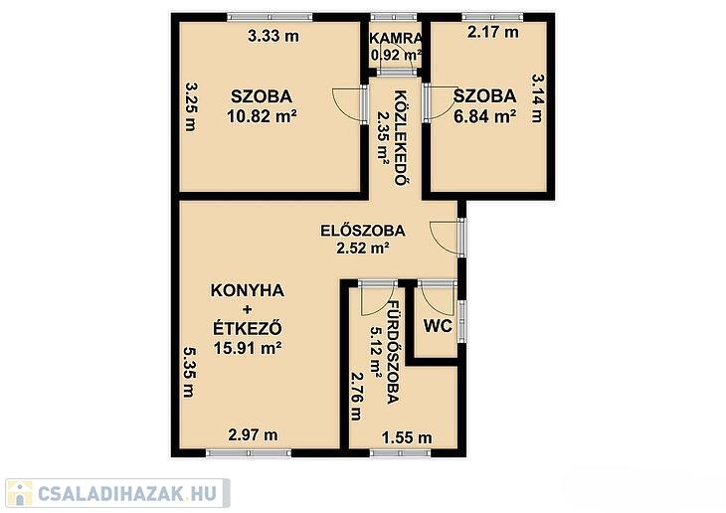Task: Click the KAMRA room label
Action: click(396, 39)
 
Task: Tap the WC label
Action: click(438, 326)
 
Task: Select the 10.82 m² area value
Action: click(262, 115)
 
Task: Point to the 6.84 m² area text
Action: click(484, 115)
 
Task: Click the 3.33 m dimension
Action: click(273, 36)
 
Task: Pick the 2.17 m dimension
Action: click(492, 32)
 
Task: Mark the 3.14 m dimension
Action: click(537, 98)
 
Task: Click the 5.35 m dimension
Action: click(189, 372)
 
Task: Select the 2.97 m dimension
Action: click(253, 434)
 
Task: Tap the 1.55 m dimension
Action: click(407, 437)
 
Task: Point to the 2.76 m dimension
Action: click(356, 396)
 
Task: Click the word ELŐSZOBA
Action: click(363, 230)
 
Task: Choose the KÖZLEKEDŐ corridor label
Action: click(402, 138)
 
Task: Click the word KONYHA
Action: click(248, 290)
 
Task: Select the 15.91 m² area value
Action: click(248, 347)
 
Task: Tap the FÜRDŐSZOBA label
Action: click(393, 352)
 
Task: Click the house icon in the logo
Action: click(19, 493)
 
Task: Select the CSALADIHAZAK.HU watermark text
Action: click(127, 493)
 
